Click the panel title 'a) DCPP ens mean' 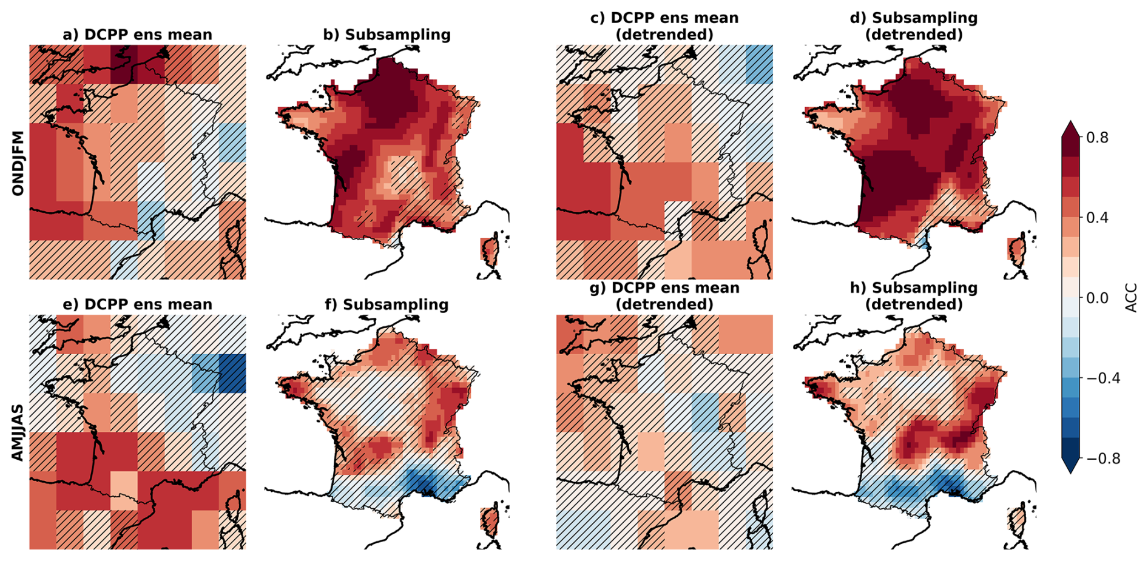click(138, 35)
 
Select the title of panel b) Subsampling click(387, 35)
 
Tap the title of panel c click(664, 26)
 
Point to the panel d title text click(914, 26)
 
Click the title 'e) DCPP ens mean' click(138, 304)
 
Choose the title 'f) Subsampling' click(387, 304)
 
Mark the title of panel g click(664, 296)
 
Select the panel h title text click(914, 296)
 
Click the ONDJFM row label click(18, 163)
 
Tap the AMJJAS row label click(18, 432)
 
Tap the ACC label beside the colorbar click(1131, 298)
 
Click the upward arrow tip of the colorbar click(1070, 121)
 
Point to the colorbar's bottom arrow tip click(1070, 474)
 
